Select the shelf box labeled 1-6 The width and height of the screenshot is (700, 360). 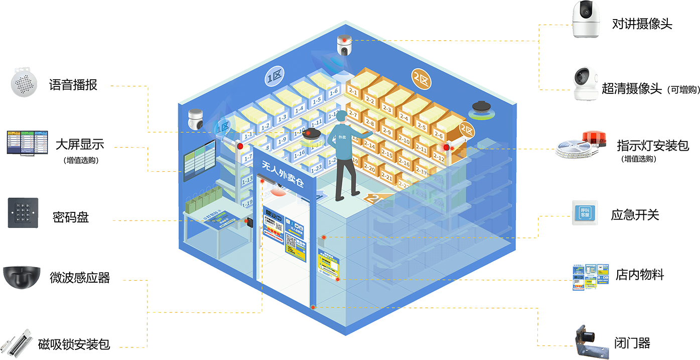pos(333,91)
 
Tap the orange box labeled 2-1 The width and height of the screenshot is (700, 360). pos(353,91)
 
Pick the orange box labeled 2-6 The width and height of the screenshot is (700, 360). pos(438,135)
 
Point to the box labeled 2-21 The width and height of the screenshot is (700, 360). pos(387,176)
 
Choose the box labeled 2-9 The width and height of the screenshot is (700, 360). pos(387,131)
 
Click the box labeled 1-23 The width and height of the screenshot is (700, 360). pos(316,169)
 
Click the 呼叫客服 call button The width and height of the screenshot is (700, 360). pos(585,212)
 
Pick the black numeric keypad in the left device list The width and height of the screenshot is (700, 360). pos(23,212)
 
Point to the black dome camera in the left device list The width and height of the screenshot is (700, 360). pos(22,275)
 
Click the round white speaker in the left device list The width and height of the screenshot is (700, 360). pos(24,82)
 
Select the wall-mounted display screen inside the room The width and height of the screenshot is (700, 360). pos(200,160)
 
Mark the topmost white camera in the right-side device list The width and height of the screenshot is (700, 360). pos(587,19)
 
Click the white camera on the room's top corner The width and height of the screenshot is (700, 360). pos(344,45)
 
